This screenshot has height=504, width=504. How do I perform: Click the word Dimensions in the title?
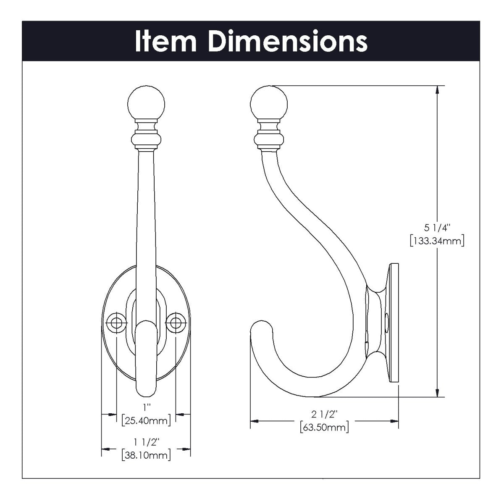click(288, 41)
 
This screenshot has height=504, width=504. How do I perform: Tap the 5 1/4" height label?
click(437, 228)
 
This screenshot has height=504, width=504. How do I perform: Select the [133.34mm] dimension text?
click(437, 241)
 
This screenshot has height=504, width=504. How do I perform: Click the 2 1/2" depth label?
click(325, 415)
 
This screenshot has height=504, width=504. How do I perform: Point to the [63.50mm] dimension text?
click(325, 428)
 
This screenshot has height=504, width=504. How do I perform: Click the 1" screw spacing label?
click(146, 407)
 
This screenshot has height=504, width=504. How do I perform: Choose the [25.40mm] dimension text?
click(146, 420)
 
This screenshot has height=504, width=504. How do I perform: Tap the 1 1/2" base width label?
click(146, 441)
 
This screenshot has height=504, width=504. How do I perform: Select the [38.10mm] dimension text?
click(146, 455)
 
